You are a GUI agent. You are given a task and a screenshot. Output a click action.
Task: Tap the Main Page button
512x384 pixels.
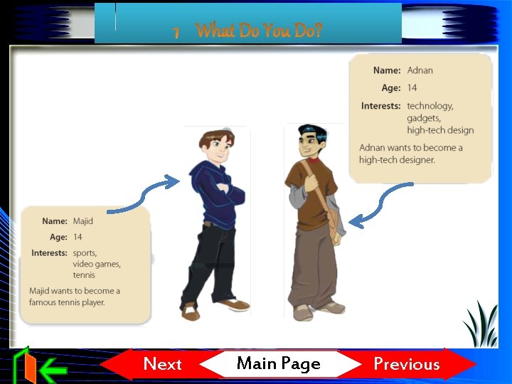[278, 364]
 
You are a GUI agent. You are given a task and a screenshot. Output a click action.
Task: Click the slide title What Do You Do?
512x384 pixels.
[259, 31]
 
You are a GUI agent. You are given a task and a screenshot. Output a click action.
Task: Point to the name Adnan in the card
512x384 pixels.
[420, 70]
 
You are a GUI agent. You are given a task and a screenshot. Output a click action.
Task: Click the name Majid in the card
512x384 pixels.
[82, 221]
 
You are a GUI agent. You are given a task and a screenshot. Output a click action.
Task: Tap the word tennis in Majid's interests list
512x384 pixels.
[84, 275]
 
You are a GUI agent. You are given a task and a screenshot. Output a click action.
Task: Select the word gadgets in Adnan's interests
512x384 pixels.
[424, 118]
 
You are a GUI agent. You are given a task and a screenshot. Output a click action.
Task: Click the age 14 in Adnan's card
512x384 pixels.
[412, 88]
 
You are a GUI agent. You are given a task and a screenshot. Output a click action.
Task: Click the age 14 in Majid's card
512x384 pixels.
[78, 237]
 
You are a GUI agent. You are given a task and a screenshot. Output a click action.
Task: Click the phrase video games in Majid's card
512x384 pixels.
[97, 264]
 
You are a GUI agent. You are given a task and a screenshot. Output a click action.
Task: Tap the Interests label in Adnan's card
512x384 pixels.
[380, 106]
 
